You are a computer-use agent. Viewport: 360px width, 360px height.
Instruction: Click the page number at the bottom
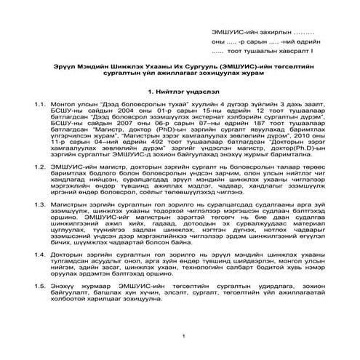(x=187, y=336)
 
